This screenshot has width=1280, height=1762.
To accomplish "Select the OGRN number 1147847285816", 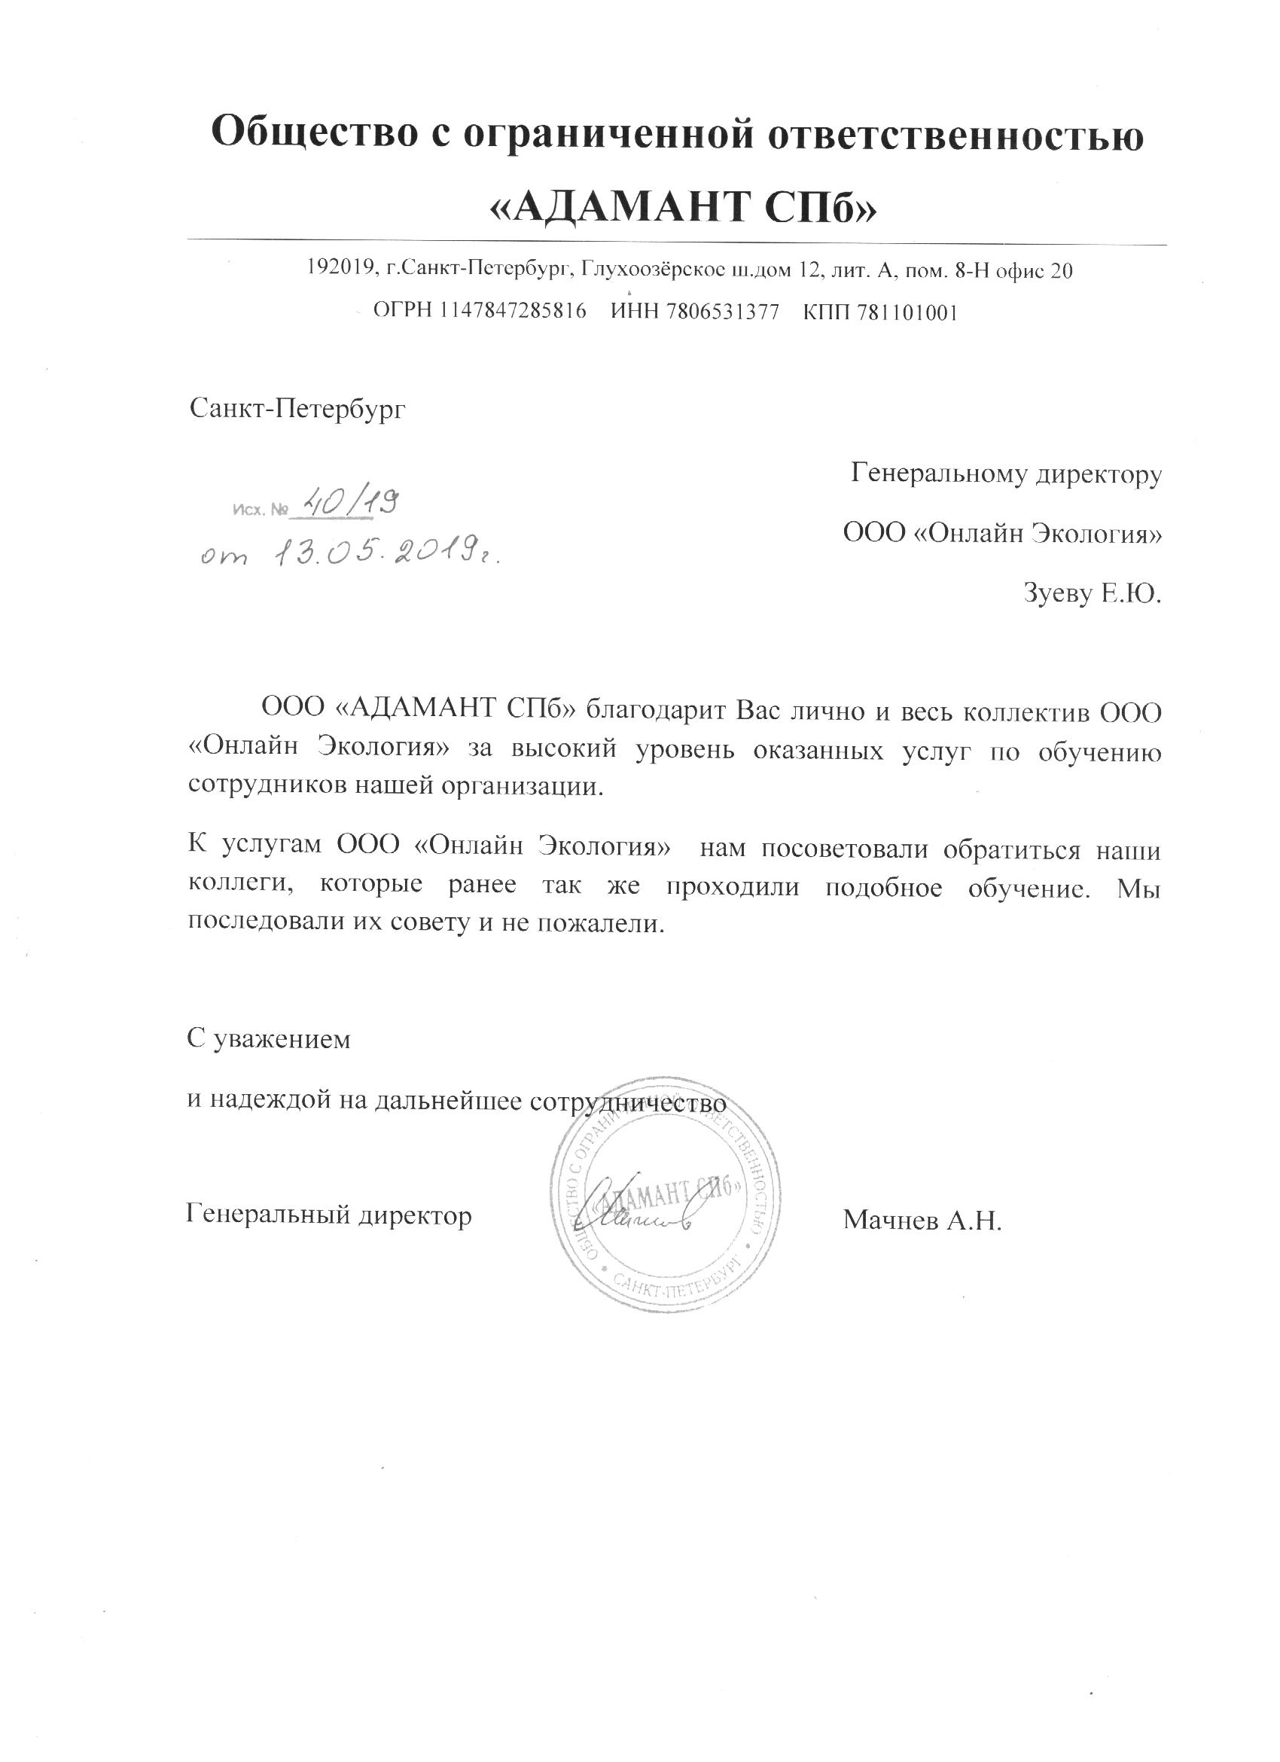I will click(513, 312).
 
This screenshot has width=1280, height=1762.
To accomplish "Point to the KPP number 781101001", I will click(904, 312).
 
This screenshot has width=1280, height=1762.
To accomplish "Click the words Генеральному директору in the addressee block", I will click(1006, 472).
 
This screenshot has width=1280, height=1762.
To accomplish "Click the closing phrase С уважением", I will click(269, 1038).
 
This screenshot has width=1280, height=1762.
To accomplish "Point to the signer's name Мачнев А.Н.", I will click(922, 1220).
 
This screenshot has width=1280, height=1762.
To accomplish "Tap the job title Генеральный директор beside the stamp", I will click(329, 1214).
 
